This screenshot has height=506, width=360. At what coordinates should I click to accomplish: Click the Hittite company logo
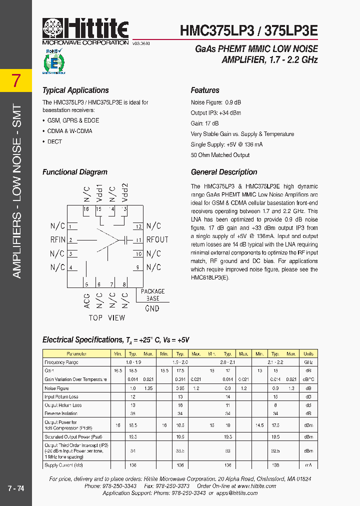pyautogui.click(x=85, y=30)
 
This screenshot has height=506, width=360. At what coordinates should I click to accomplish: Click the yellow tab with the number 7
pyautogui.click(x=16, y=80)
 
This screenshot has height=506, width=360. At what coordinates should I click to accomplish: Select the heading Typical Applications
pyautogui.click(x=75, y=90)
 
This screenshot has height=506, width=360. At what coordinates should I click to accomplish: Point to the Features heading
pyautogui.click(x=205, y=90)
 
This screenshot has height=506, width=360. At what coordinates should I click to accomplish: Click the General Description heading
pyautogui.click(x=224, y=172)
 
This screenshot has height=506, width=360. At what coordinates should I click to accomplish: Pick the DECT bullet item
pyautogui.click(x=54, y=141)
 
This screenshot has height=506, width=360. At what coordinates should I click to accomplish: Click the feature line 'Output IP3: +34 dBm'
pyautogui.click(x=215, y=113)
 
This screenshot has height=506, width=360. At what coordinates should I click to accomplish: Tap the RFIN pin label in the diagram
pyautogui.click(x=58, y=239)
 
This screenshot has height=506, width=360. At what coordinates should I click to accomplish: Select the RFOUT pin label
pyautogui.click(x=157, y=239)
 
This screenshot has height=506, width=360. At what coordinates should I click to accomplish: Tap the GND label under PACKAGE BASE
pyautogui.click(x=152, y=308)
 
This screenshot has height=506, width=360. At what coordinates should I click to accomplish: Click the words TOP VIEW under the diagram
pyautogui.click(x=107, y=318)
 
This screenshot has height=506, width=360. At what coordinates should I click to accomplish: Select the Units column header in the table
pyautogui.click(x=308, y=353)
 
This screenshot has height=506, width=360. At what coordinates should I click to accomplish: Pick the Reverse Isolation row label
pyautogui.click(x=61, y=413)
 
